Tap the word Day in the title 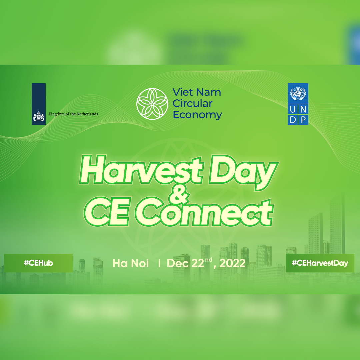(x=243, y=173)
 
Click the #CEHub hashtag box (x=38, y=263)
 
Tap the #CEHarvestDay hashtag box (x=320, y=263)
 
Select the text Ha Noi (x=131, y=263)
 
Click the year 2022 (x=232, y=263)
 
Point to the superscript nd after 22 (x=208, y=260)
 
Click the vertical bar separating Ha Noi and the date (x=159, y=263)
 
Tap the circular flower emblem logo (x=152, y=104)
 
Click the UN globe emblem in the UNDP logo (x=298, y=93)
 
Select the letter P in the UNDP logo (x=303, y=120)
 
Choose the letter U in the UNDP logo (x=293, y=110)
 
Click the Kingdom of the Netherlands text (x=73, y=114)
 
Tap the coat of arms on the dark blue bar (x=39, y=117)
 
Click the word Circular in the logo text (x=192, y=104)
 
